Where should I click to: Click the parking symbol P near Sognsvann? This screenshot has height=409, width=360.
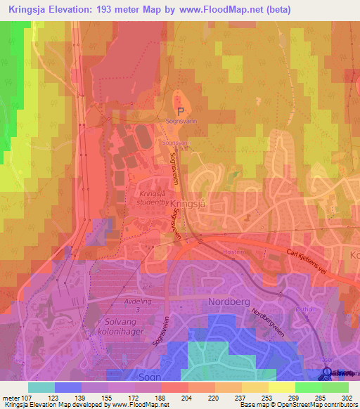point(181,111)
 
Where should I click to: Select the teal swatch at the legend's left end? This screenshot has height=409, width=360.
point(41,387)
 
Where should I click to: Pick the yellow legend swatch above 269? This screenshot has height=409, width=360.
point(281,387)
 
